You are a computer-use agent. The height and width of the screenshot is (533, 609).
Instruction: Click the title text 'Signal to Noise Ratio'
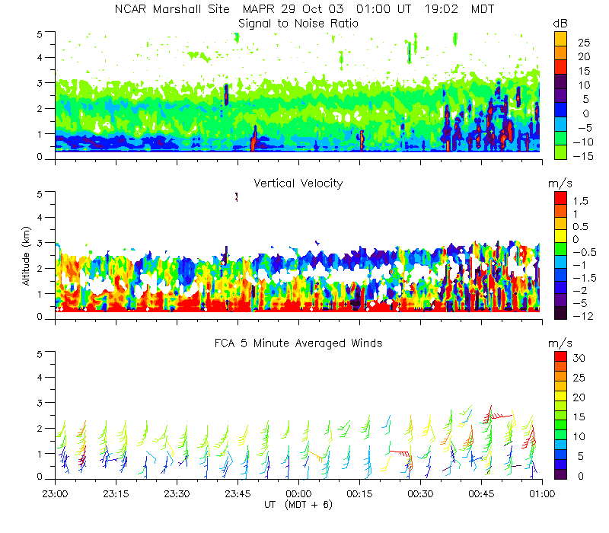(x=298, y=24)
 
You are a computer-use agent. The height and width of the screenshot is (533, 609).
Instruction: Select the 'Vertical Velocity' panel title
(x=298, y=184)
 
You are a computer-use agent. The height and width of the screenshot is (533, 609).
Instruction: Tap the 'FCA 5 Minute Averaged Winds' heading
(x=298, y=343)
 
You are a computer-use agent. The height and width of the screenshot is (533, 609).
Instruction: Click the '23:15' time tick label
(x=116, y=493)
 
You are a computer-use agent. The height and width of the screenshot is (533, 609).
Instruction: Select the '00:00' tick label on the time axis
(x=298, y=493)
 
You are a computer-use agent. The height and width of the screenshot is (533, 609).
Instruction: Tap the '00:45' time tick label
(x=481, y=493)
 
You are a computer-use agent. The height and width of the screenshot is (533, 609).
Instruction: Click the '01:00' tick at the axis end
(x=541, y=493)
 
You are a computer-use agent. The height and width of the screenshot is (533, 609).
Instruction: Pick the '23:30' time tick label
(x=177, y=493)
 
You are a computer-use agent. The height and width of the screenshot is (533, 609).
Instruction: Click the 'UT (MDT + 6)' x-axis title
(x=298, y=504)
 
